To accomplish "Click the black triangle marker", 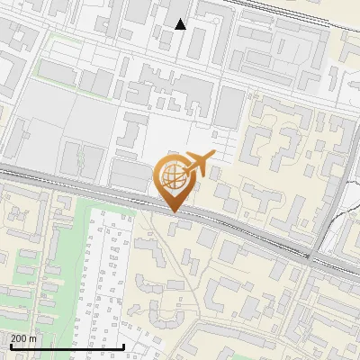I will pos(181,25).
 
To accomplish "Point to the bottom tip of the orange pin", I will pos(173,212).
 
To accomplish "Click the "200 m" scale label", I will pos(24,338).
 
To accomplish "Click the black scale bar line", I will pos(67,346).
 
